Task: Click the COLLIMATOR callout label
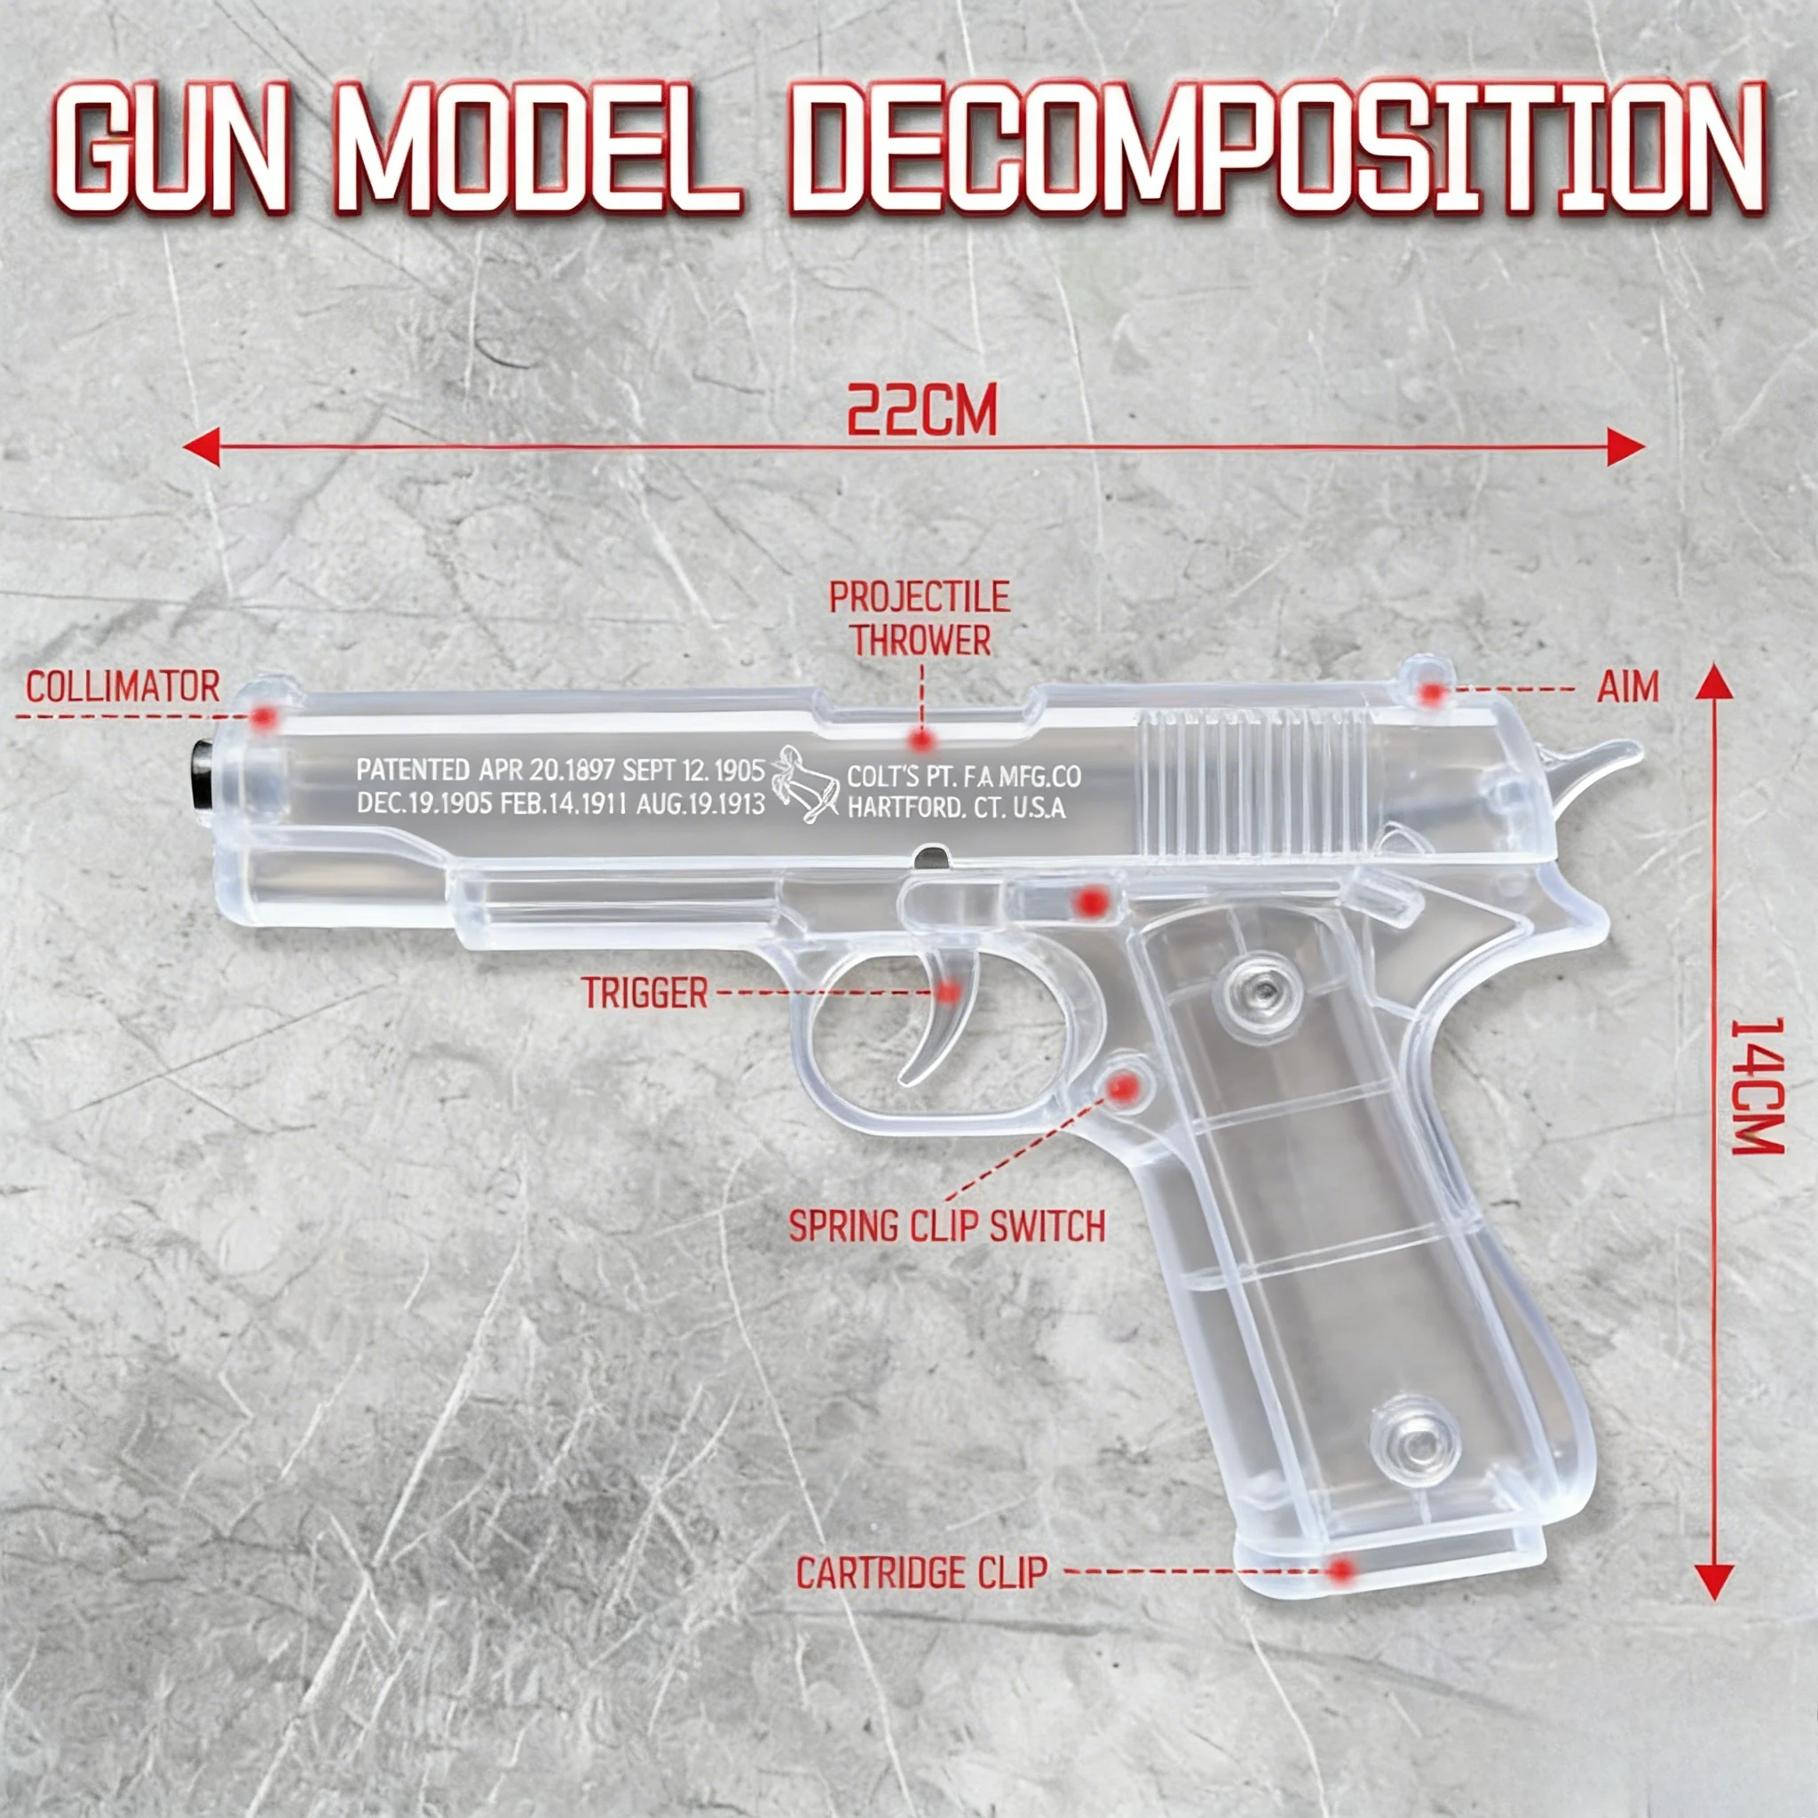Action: coord(123,687)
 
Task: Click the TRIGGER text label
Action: coord(644,992)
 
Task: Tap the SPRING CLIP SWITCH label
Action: coord(946,1226)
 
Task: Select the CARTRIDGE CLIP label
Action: coord(921,1572)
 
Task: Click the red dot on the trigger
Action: coord(950,991)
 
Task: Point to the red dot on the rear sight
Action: coord(1431,693)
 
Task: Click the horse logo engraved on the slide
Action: coord(803,786)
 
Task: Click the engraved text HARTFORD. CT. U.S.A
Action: coord(956,808)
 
